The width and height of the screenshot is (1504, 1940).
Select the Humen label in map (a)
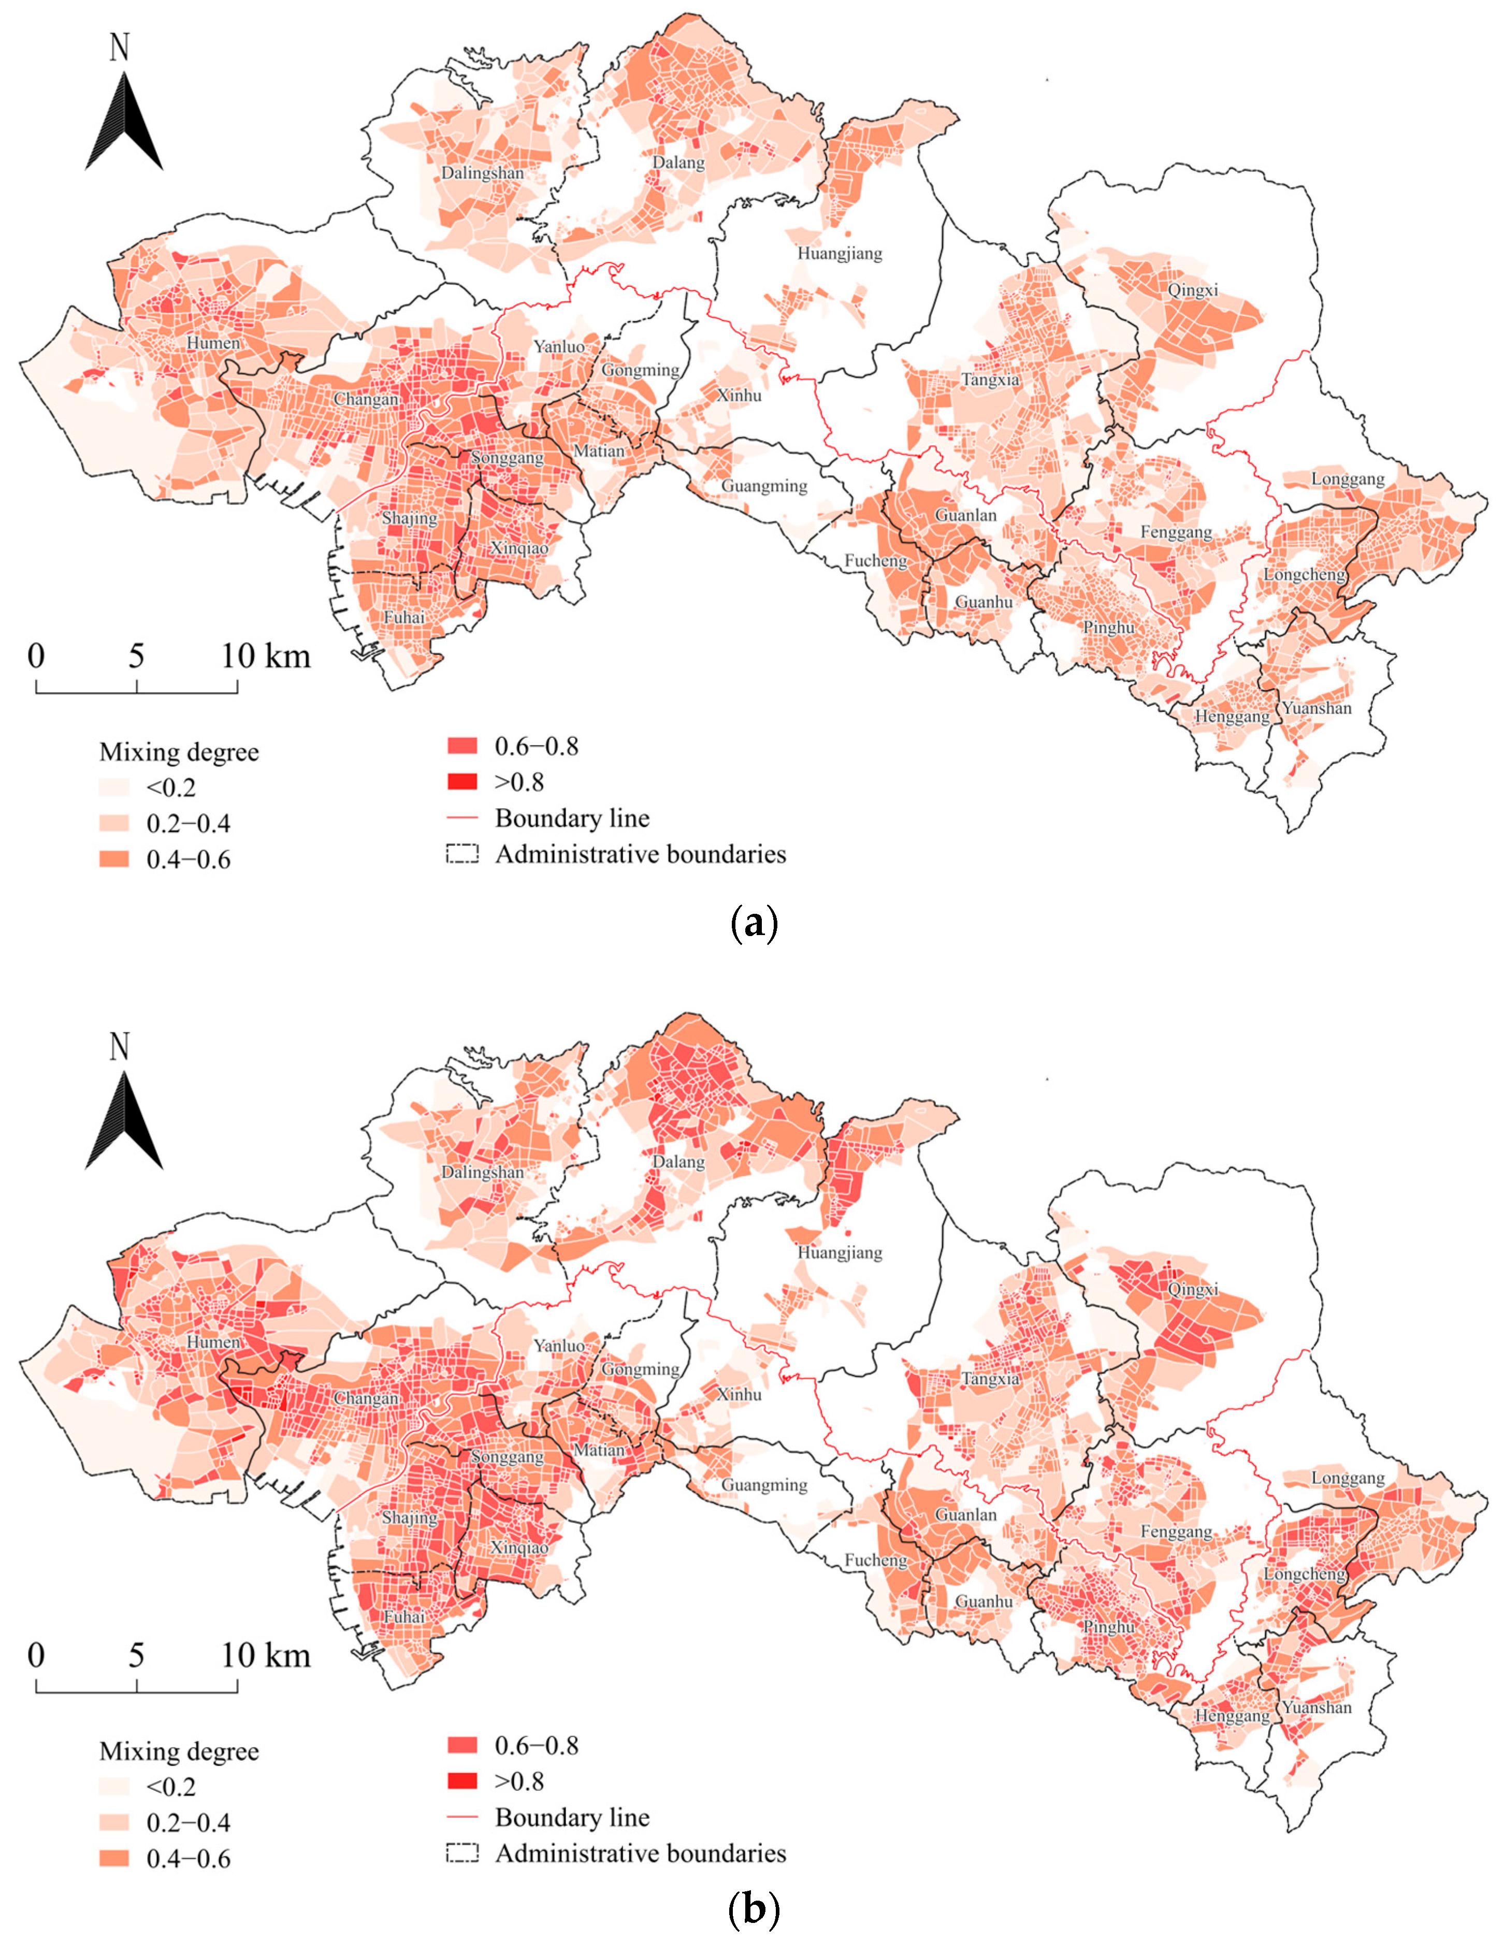click(x=213, y=343)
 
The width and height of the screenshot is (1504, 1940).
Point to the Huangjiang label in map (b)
click(x=840, y=1252)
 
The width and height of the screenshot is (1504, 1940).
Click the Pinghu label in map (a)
click(x=1108, y=627)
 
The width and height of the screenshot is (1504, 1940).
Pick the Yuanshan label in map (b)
click(x=1317, y=1707)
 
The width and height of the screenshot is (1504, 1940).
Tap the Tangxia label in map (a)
click(x=990, y=380)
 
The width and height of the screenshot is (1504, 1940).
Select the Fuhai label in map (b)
click(x=404, y=1616)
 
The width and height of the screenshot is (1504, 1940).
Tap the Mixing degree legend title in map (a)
click(x=179, y=752)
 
